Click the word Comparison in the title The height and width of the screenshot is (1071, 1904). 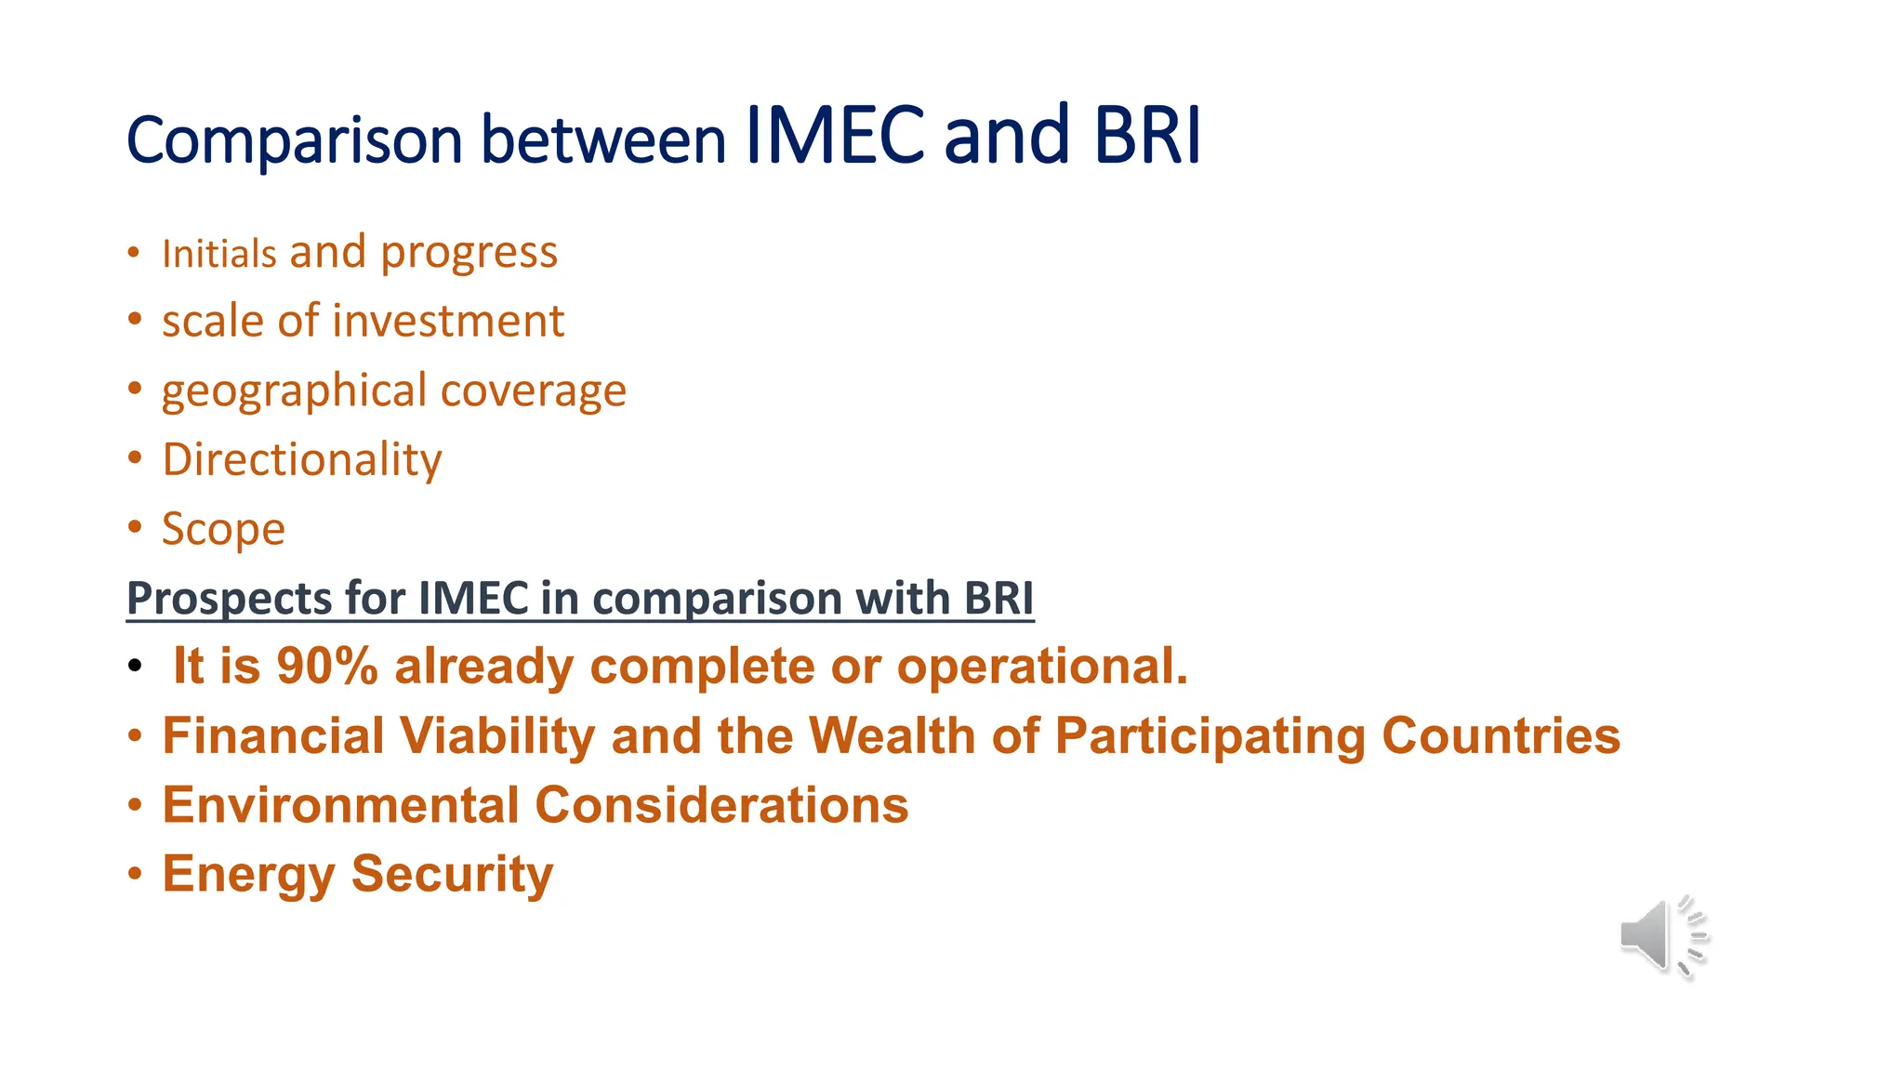click(x=294, y=141)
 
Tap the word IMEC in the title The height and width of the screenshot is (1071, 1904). click(x=835, y=136)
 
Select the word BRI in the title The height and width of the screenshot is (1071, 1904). click(x=1147, y=136)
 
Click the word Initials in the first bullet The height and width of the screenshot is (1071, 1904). click(x=219, y=254)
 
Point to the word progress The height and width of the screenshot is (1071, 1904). click(x=469, y=253)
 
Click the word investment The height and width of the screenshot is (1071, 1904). click(x=449, y=322)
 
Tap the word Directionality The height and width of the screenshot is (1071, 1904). click(x=302, y=459)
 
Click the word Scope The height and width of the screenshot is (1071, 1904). click(x=223, y=529)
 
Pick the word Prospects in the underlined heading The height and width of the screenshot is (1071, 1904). click(x=229, y=598)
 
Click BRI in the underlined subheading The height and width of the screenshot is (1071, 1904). click(x=998, y=598)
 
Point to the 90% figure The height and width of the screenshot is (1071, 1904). click(x=327, y=667)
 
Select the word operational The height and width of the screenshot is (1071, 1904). click(x=1042, y=667)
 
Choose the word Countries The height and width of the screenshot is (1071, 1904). click(x=1501, y=736)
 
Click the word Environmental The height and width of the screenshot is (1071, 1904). click(x=340, y=805)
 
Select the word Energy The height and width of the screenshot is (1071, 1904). click(x=248, y=874)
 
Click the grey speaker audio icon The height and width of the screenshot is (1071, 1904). click(x=1662, y=936)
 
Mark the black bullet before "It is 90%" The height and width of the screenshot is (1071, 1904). click(x=136, y=666)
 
